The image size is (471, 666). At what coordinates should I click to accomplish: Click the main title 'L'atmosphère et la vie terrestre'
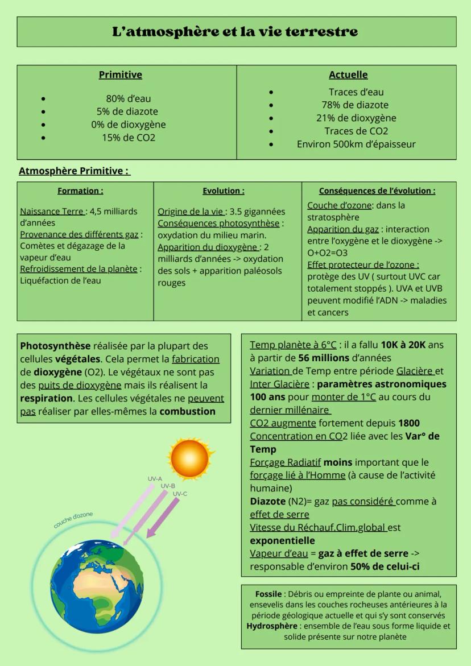(236, 31)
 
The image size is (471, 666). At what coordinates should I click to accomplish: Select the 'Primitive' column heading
(121, 75)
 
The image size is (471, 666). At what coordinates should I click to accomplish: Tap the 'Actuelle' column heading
(348, 75)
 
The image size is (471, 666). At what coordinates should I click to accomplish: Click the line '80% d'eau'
(129, 98)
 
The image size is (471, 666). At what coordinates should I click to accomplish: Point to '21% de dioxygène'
(356, 118)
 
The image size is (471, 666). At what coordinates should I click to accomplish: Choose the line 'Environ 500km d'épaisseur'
(356, 144)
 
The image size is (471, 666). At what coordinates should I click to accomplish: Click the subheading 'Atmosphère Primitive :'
(74, 171)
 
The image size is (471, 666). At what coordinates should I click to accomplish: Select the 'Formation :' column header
(80, 191)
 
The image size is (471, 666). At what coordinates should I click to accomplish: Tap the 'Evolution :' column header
(224, 191)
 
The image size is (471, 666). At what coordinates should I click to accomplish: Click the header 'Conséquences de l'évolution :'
(377, 191)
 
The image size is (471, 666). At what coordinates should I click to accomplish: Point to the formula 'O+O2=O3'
(327, 253)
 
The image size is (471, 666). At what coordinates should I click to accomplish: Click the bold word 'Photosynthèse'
(55, 346)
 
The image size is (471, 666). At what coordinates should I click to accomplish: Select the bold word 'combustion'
(187, 411)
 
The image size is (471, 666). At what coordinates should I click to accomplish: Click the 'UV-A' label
(155, 479)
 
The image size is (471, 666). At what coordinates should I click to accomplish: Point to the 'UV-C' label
(180, 494)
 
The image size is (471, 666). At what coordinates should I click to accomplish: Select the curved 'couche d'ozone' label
(73, 520)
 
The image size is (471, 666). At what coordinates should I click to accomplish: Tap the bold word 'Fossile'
(268, 594)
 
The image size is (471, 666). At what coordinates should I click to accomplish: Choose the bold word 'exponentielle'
(282, 540)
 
